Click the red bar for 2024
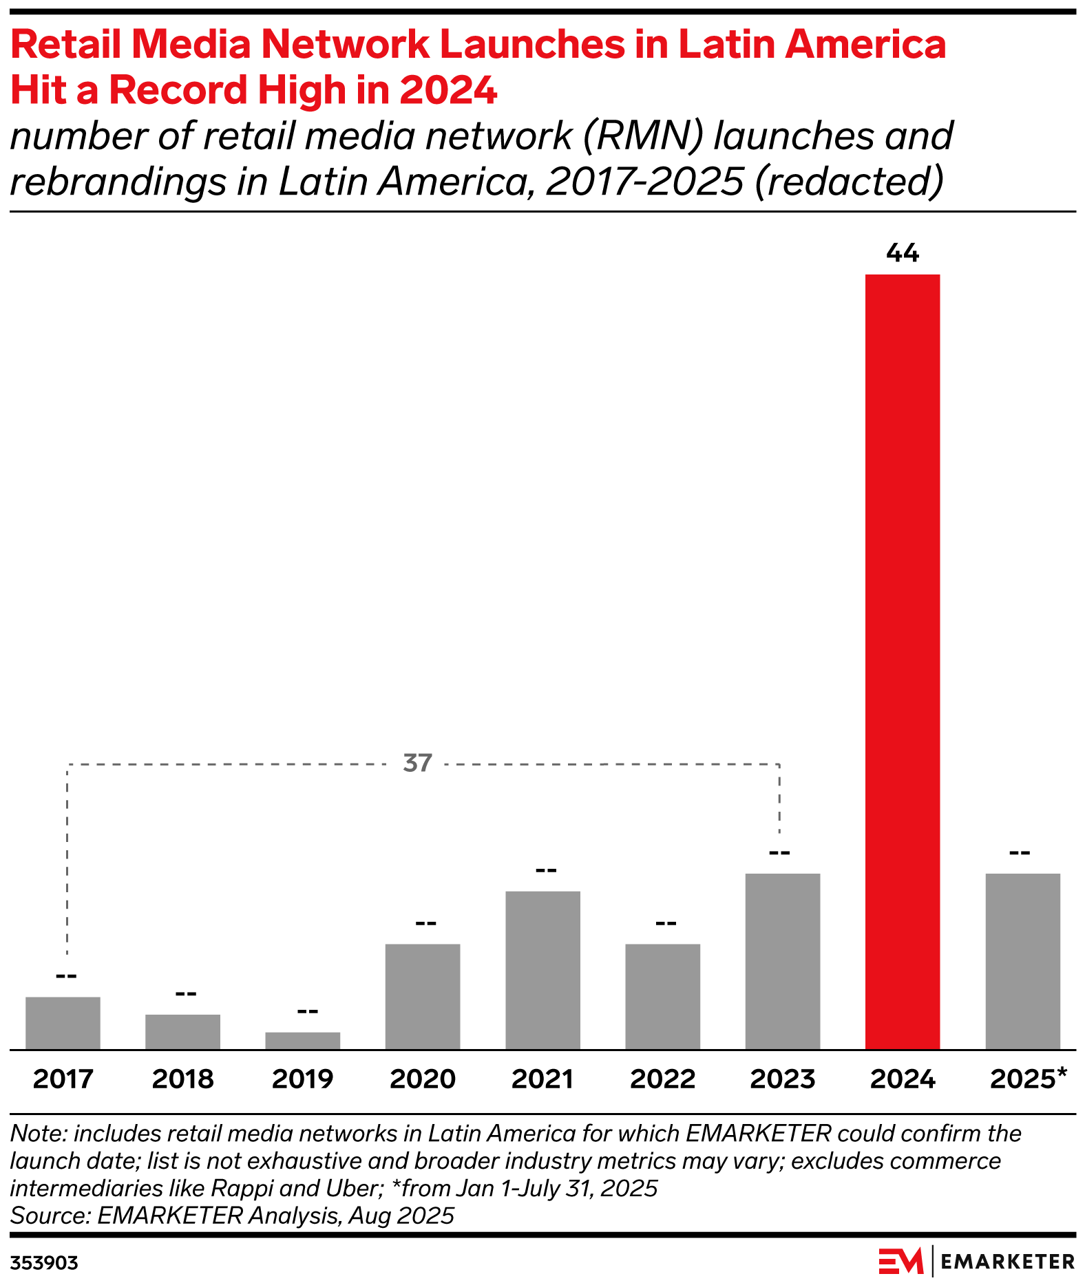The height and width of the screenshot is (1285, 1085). coord(902,660)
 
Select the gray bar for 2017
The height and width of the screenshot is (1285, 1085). coord(63,1023)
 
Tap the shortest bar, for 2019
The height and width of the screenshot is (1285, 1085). coord(302,1041)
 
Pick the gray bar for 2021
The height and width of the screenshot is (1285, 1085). coord(542,970)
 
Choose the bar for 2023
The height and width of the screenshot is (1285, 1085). coord(782,961)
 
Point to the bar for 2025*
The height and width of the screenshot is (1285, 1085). coord(1022,961)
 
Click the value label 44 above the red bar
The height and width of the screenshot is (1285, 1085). coord(902,254)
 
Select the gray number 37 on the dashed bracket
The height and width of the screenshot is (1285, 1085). coord(417,763)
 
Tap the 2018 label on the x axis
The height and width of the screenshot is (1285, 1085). coord(183,1079)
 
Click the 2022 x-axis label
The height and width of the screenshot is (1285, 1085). coord(662,1079)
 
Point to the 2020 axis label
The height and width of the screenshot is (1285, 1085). coord(423,1079)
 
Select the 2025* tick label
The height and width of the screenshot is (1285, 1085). coord(1027,1079)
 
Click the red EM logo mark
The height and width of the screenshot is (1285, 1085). coord(900,1261)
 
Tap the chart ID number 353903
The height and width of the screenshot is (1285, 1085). coord(44,1263)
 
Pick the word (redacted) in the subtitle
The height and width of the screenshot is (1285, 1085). coord(849,182)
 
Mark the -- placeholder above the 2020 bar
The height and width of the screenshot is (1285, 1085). coord(425,922)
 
